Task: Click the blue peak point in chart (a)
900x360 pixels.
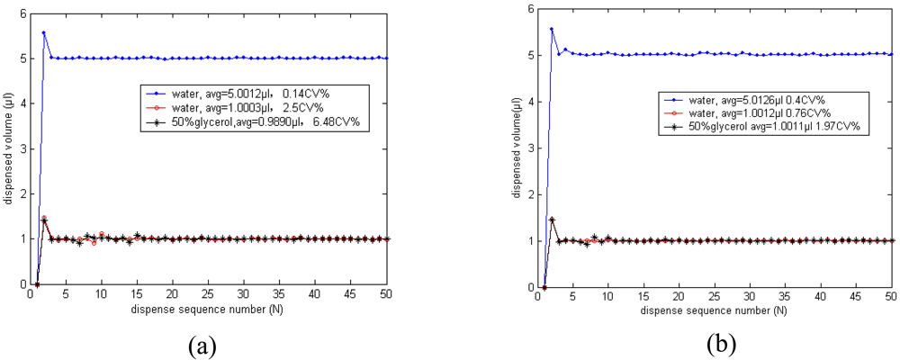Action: click(x=43, y=32)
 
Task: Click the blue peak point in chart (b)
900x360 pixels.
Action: click(x=552, y=29)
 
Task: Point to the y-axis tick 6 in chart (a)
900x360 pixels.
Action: click(x=23, y=13)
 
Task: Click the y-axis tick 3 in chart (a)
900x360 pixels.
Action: click(x=23, y=148)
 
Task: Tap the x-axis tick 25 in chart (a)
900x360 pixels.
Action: click(x=208, y=293)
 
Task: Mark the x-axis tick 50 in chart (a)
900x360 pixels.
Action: click(x=385, y=293)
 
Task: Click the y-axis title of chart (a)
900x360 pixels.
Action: click(x=8, y=149)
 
